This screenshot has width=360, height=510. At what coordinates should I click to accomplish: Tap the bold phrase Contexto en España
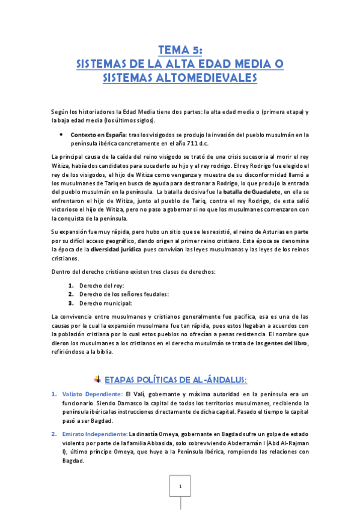[x=94, y=135]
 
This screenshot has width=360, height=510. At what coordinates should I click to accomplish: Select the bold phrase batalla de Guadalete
[x=252, y=191]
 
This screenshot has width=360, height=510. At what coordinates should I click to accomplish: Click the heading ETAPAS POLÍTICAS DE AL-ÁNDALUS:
[x=175, y=379]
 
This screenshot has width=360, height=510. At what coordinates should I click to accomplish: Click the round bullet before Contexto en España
[x=61, y=135]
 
